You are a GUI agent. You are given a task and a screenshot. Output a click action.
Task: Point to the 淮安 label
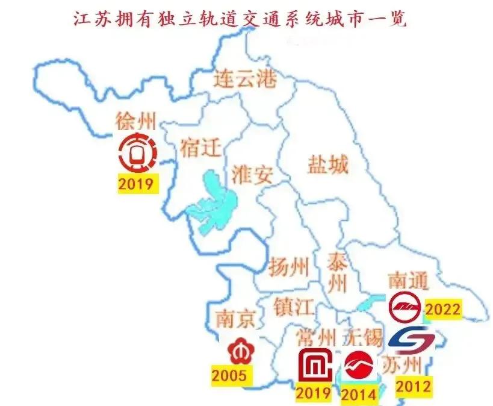tap(252, 175)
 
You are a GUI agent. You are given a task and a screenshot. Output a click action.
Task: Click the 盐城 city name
tap(327, 164)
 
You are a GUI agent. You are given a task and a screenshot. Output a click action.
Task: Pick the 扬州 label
tap(289, 266)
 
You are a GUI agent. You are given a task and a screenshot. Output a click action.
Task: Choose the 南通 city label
tap(408, 281)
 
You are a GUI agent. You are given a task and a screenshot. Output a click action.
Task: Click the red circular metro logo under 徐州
tap(137, 152)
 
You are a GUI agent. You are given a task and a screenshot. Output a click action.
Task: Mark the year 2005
tap(229, 376)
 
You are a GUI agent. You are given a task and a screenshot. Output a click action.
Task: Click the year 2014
tap(359, 395)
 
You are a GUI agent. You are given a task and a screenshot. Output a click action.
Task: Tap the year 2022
tap(442, 310)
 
